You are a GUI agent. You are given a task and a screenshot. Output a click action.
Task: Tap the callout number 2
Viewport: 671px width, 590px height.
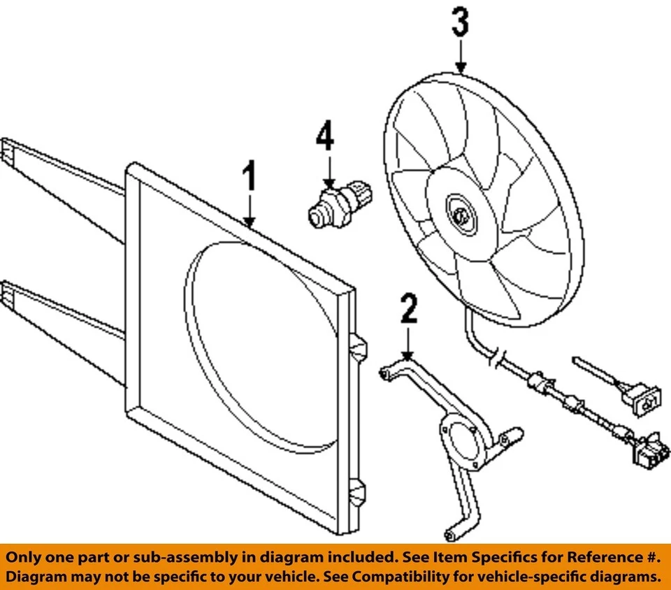click(x=408, y=310)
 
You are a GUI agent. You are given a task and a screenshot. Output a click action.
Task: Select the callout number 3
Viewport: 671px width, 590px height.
click(x=460, y=23)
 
